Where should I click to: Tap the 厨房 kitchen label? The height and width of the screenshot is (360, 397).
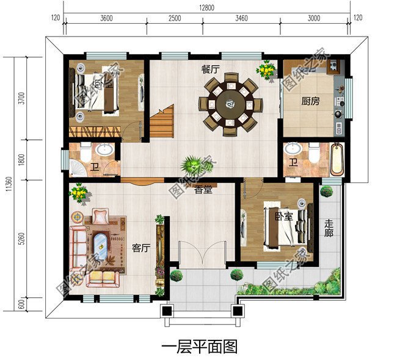tap(310, 102)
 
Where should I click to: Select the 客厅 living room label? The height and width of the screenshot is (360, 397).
tap(141, 248)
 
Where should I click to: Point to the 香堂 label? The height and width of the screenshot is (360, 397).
tap(203, 190)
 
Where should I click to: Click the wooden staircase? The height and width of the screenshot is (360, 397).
tap(162, 121)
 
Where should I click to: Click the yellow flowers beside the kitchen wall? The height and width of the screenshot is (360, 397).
tap(266, 70)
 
